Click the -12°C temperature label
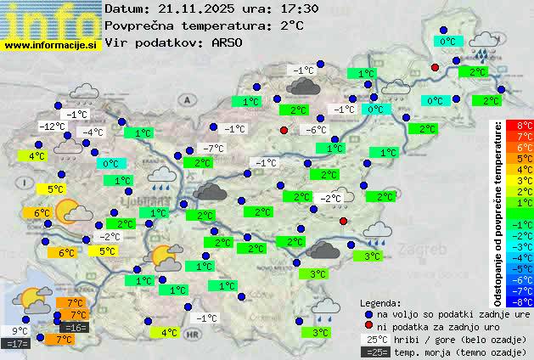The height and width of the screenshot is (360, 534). [x=53, y=127]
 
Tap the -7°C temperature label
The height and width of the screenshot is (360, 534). [x=213, y=149]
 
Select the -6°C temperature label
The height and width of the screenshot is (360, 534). [x=316, y=130]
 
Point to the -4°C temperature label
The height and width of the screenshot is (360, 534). [x=92, y=132]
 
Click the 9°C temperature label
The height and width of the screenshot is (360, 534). [x=20, y=331]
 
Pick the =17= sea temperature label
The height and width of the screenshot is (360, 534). [x=17, y=344]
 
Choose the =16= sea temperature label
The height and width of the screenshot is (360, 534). [x=75, y=327]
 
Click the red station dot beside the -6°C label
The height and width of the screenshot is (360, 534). [x=284, y=130]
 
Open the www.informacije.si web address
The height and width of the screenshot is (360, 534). [x=51, y=44]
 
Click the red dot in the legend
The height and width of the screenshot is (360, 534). [x=368, y=325]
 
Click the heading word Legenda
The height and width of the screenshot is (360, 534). [x=380, y=302]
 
